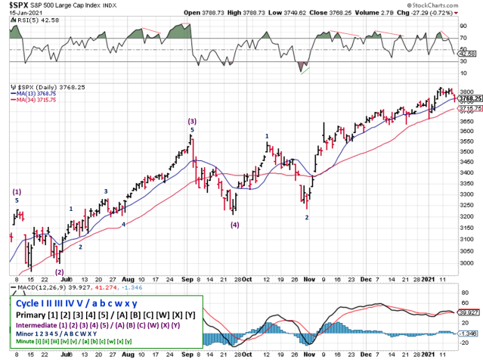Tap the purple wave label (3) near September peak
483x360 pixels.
point(192,121)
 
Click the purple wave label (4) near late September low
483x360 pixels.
point(235,225)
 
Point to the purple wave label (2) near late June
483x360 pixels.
point(59,272)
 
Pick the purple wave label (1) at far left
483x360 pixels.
point(17,192)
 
